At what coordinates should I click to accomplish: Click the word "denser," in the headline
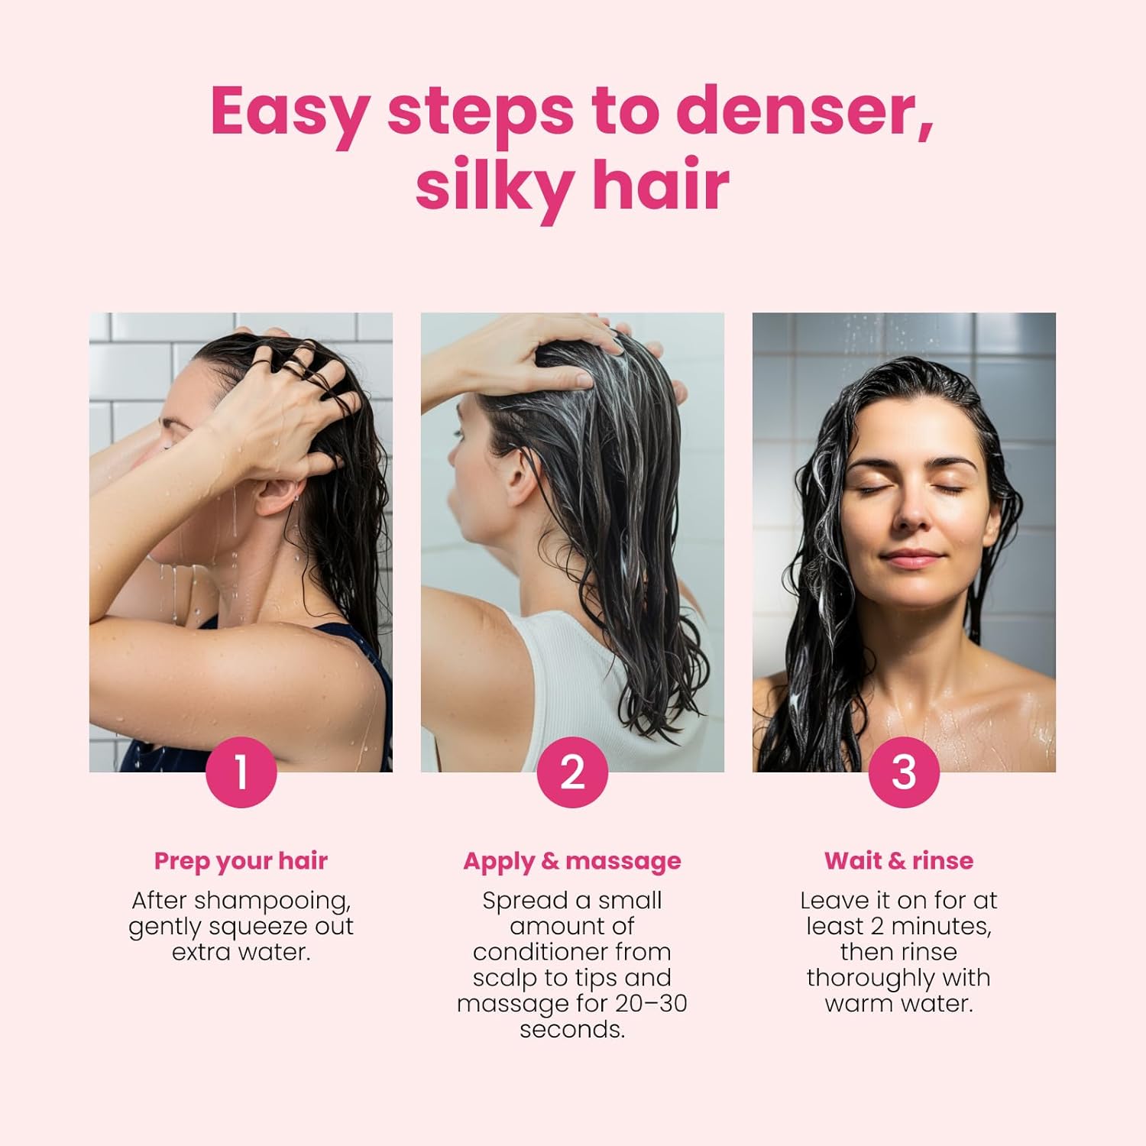[x=804, y=112]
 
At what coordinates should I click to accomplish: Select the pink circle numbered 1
[x=241, y=772]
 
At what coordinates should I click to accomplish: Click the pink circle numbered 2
[x=572, y=772]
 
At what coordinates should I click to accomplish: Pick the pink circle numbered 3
[x=904, y=772]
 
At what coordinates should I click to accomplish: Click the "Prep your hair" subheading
[x=241, y=861]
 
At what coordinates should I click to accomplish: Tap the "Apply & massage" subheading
[x=572, y=861]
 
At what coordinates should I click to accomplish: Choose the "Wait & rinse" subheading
[x=898, y=861]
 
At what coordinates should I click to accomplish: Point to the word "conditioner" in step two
[x=571, y=953]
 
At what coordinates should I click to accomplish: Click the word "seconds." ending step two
[x=572, y=1030]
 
